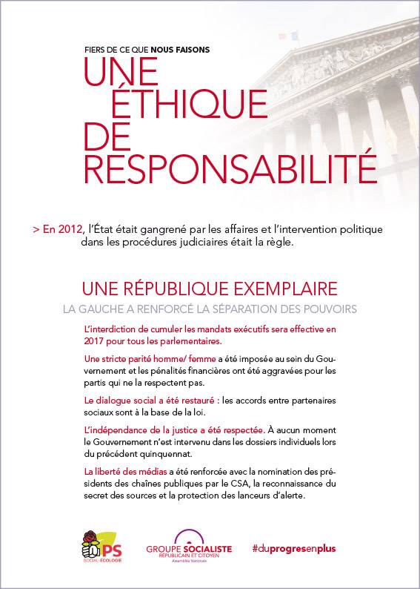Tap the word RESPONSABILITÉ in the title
tap(230, 167)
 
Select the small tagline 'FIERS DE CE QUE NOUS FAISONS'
tap(147, 50)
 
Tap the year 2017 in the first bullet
tap(98, 343)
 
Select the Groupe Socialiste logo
tap(190, 546)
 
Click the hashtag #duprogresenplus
tap(293, 547)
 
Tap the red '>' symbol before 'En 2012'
tap(36, 230)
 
